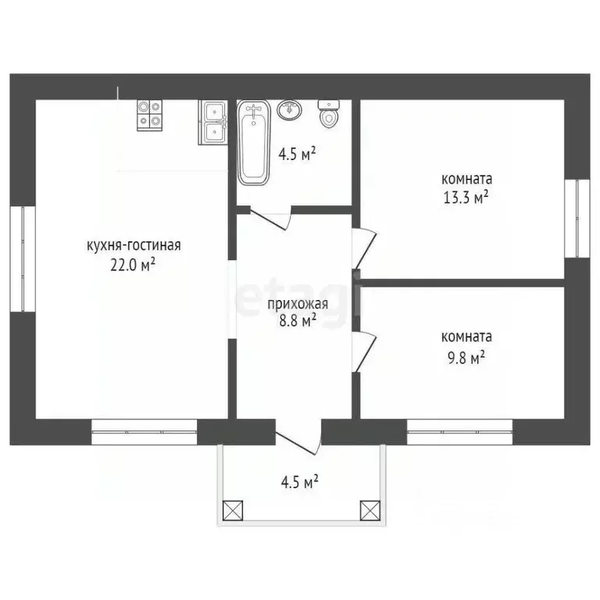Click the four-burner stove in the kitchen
[x=150, y=115]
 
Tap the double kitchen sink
[x=213, y=123]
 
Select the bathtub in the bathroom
[x=253, y=143]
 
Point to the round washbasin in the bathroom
[x=289, y=110]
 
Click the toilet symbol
[x=329, y=113]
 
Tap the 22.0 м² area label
[x=133, y=264]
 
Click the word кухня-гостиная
[x=134, y=245]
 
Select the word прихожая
[x=298, y=304]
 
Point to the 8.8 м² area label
[x=298, y=320]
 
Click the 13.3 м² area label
[x=466, y=198]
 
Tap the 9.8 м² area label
[x=466, y=359]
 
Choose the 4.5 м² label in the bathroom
[x=297, y=155]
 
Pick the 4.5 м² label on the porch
[x=300, y=482]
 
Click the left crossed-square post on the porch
[x=233, y=510]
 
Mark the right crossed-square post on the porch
[x=370, y=510]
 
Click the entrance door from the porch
[x=298, y=437]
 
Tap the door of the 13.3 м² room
[x=364, y=248]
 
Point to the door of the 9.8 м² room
[x=364, y=352]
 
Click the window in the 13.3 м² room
[x=577, y=218]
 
